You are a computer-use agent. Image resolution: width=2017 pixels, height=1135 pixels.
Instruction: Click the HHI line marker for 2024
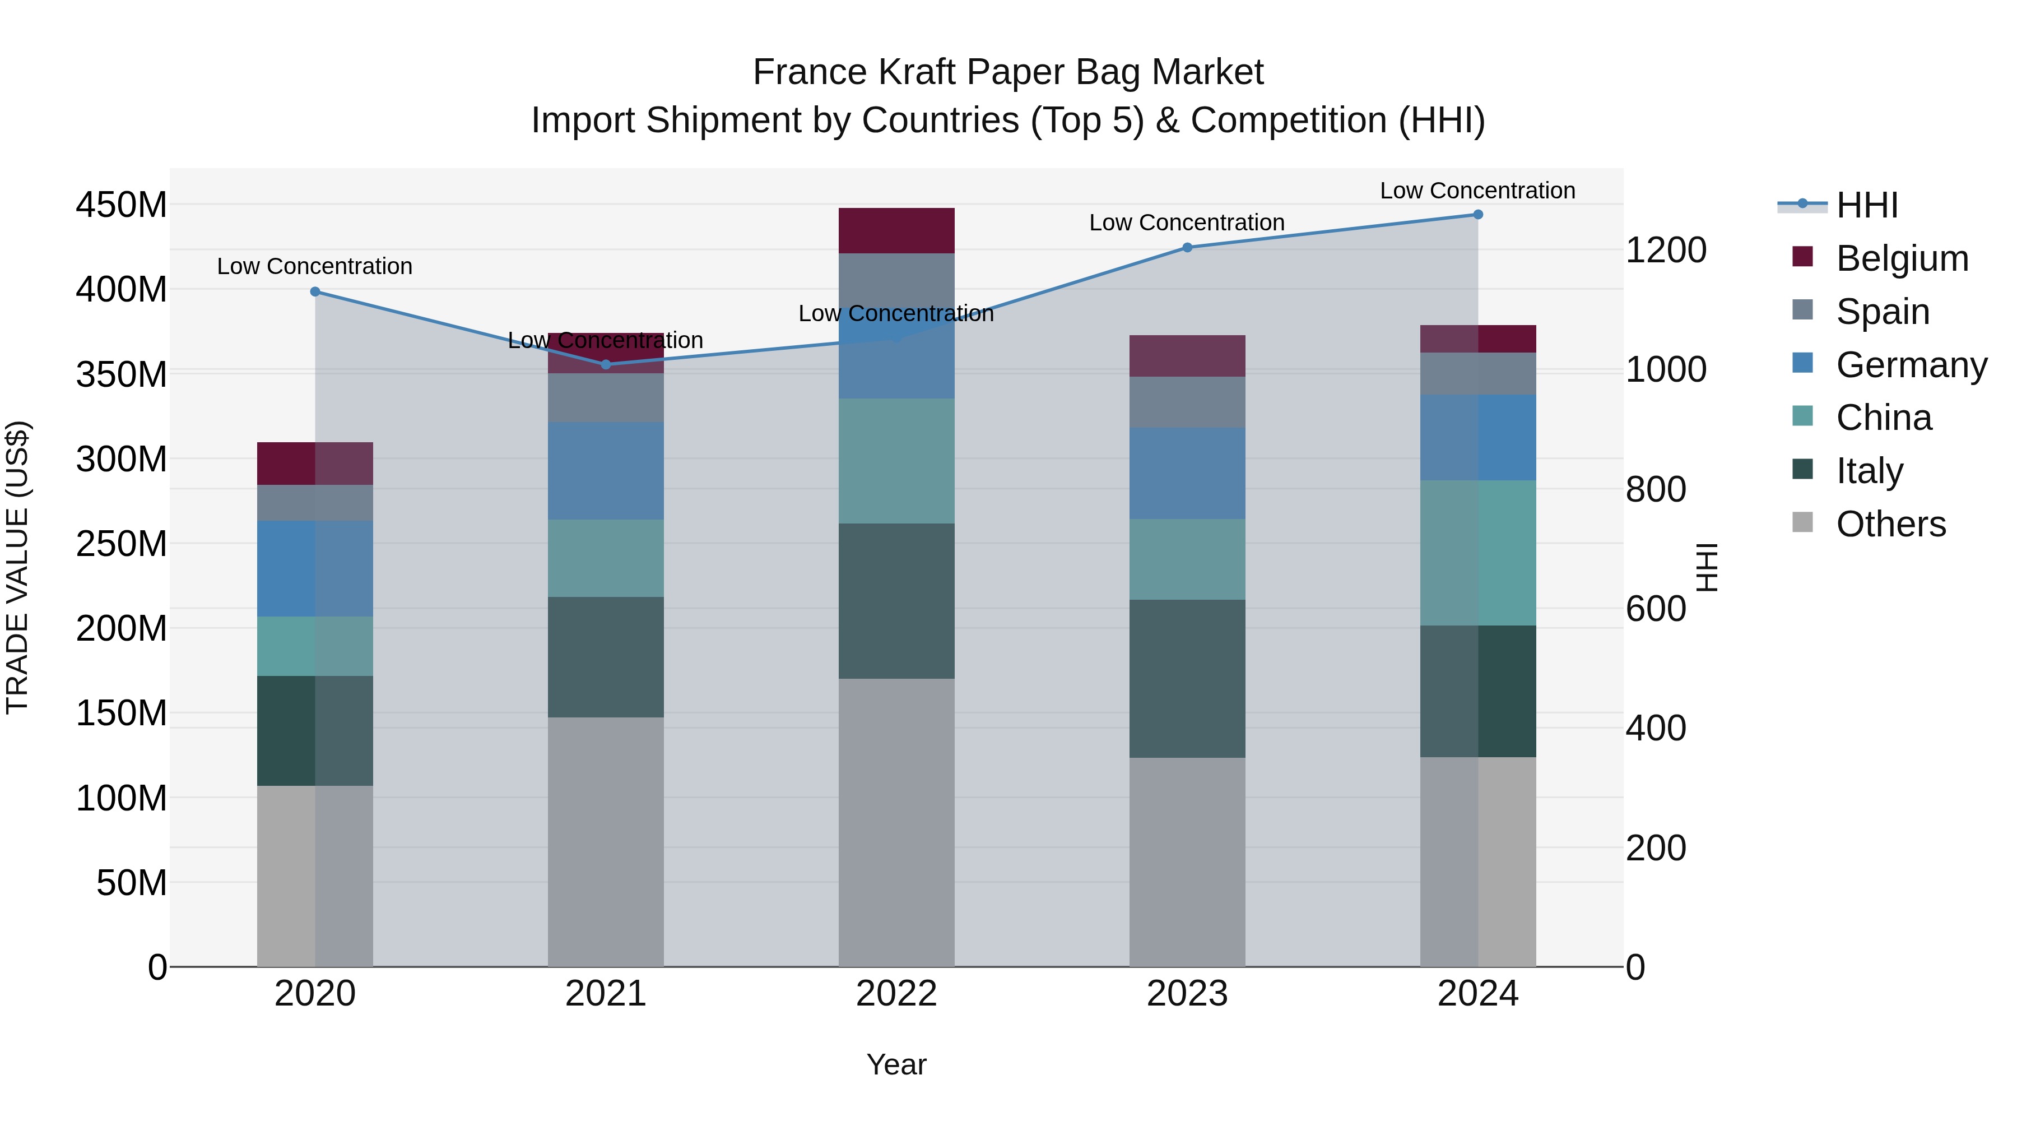click(x=1477, y=215)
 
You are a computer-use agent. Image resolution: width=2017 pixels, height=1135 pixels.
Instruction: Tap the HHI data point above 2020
click(x=315, y=291)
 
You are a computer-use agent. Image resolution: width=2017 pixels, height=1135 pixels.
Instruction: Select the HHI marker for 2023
click(x=1187, y=248)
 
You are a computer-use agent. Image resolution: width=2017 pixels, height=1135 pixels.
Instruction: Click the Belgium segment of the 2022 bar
click(x=896, y=230)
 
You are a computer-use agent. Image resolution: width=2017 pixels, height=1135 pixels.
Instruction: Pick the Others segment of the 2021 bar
click(x=605, y=841)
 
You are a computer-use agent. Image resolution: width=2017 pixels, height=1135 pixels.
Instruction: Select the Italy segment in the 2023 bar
click(x=1187, y=678)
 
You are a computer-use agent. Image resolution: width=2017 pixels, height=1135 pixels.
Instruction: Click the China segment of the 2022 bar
click(x=896, y=461)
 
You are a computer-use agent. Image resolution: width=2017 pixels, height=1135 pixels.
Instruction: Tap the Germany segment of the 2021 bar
click(x=605, y=471)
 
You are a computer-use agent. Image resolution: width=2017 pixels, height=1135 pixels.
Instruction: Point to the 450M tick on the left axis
click(x=122, y=205)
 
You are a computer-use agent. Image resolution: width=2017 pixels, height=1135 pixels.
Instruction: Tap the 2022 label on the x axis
click(x=896, y=993)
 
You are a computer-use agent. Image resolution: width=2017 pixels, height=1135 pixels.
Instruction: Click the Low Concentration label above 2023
click(x=1187, y=223)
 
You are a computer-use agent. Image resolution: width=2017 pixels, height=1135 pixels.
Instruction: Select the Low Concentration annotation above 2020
click(x=315, y=266)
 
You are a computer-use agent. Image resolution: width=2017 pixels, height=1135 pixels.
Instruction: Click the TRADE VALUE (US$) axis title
click(x=17, y=567)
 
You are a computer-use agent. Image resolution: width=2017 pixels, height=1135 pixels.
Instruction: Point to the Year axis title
click(x=896, y=1064)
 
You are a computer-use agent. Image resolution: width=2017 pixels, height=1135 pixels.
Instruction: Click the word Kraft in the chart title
click(x=920, y=72)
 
